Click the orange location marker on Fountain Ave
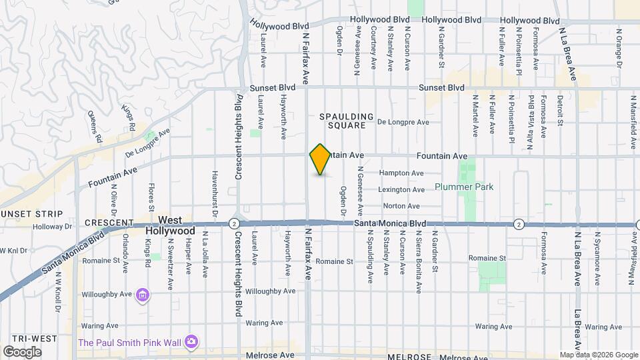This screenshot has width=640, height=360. [321, 159]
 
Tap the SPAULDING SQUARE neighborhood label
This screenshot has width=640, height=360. [343, 121]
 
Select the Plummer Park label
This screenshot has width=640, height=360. [464, 187]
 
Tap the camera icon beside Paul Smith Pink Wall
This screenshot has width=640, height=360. [191, 341]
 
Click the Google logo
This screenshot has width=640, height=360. [22, 352]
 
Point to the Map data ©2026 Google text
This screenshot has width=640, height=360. [598, 355]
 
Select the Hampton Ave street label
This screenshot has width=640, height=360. [401, 173]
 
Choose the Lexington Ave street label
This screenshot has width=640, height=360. [402, 190]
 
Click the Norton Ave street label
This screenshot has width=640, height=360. [401, 207]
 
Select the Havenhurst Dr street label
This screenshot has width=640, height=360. [215, 194]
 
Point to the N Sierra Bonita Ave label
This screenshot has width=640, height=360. [418, 263]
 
